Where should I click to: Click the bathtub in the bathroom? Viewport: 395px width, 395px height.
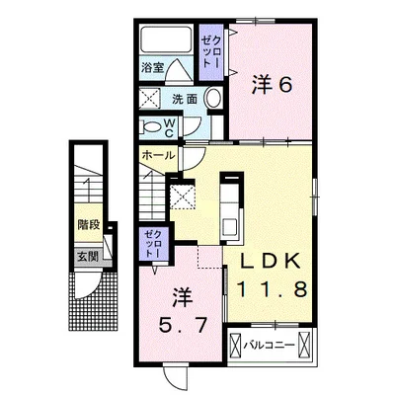coord(168,40)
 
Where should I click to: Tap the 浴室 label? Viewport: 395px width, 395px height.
coord(151,69)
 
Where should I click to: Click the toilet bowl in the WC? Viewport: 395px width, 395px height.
coord(150,127)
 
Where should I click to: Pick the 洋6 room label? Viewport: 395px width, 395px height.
coord(272,86)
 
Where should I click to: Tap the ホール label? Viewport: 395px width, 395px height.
coord(158,156)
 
